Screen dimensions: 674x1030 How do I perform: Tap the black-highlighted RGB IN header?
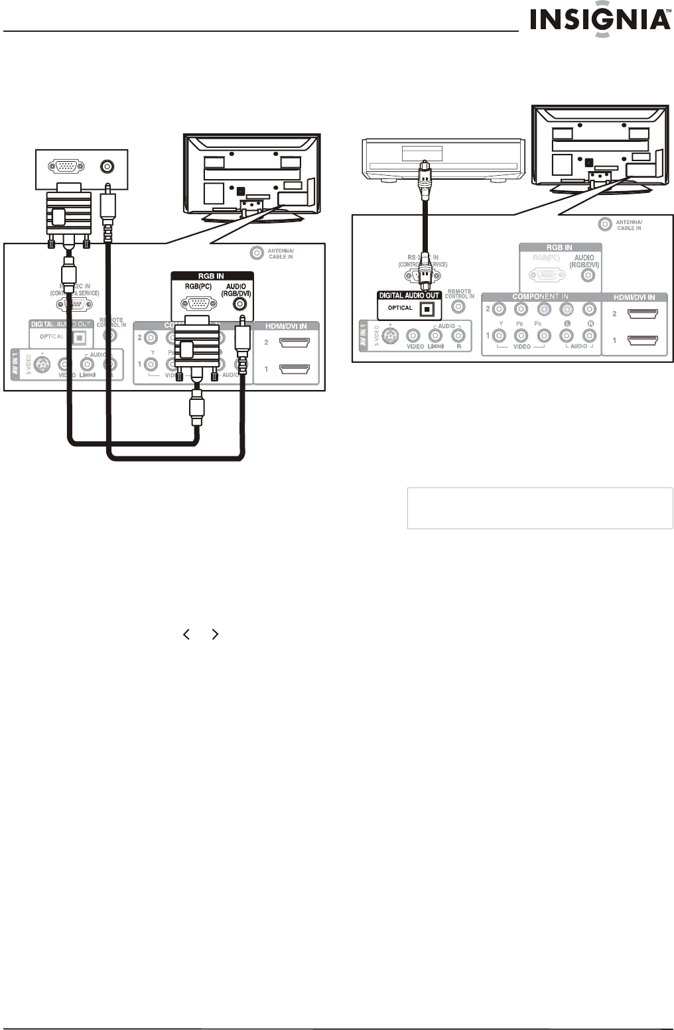click(212, 275)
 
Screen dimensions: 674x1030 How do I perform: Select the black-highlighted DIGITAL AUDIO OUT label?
click(409, 295)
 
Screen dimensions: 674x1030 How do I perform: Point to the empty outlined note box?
click(539, 508)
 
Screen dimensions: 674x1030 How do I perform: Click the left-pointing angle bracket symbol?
click(186, 635)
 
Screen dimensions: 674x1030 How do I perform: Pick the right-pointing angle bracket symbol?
click(214, 635)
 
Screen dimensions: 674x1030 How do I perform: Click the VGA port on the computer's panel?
click(67, 166)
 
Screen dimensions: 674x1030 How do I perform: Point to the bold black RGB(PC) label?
click(198, 287)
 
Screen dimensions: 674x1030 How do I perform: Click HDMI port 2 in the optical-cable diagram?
click(641, 313)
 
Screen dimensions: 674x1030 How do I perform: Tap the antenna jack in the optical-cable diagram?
click(604, 224)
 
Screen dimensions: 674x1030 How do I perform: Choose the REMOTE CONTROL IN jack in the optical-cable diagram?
click(458, 306)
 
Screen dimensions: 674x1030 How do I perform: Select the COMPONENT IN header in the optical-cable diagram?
click(540, 296)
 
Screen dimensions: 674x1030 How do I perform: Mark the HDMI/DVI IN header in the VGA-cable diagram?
click(287, 326)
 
